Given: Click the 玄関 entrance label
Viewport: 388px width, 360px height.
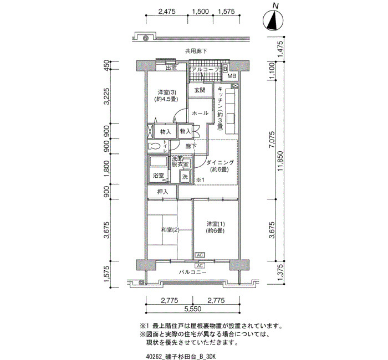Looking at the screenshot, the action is [x=200, y=90].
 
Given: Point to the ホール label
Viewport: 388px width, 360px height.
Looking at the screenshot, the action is [x=200, y=113].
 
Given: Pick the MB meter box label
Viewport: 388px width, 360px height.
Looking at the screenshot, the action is [x=232, y=76].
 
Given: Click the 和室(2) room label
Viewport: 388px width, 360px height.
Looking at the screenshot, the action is [x=170, y=230].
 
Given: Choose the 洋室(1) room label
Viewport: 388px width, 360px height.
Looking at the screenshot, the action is [x=215, y=224].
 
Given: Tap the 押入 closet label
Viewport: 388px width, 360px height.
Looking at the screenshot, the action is [x=163, y=192].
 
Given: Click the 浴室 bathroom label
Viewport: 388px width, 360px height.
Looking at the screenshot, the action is [x=159, y=176].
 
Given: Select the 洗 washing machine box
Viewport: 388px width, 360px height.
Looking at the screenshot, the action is [x=185, y=177].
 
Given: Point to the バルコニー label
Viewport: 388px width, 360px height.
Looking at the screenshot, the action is [x=192, y=272].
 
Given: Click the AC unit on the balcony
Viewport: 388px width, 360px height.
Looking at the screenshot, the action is [x=200, y=266].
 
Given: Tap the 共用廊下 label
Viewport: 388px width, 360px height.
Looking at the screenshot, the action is [x=196, y=52].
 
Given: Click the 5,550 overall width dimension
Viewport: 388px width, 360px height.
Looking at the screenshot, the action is [x=192, y=309].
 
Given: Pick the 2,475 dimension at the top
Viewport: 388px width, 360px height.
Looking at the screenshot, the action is [x=167, y=12].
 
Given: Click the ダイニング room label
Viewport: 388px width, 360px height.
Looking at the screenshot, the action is [x=220, y=162].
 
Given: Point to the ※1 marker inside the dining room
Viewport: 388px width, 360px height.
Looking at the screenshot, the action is [x=200, y=180].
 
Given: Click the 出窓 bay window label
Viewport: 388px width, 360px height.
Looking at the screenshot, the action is [x=171, y=68].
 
